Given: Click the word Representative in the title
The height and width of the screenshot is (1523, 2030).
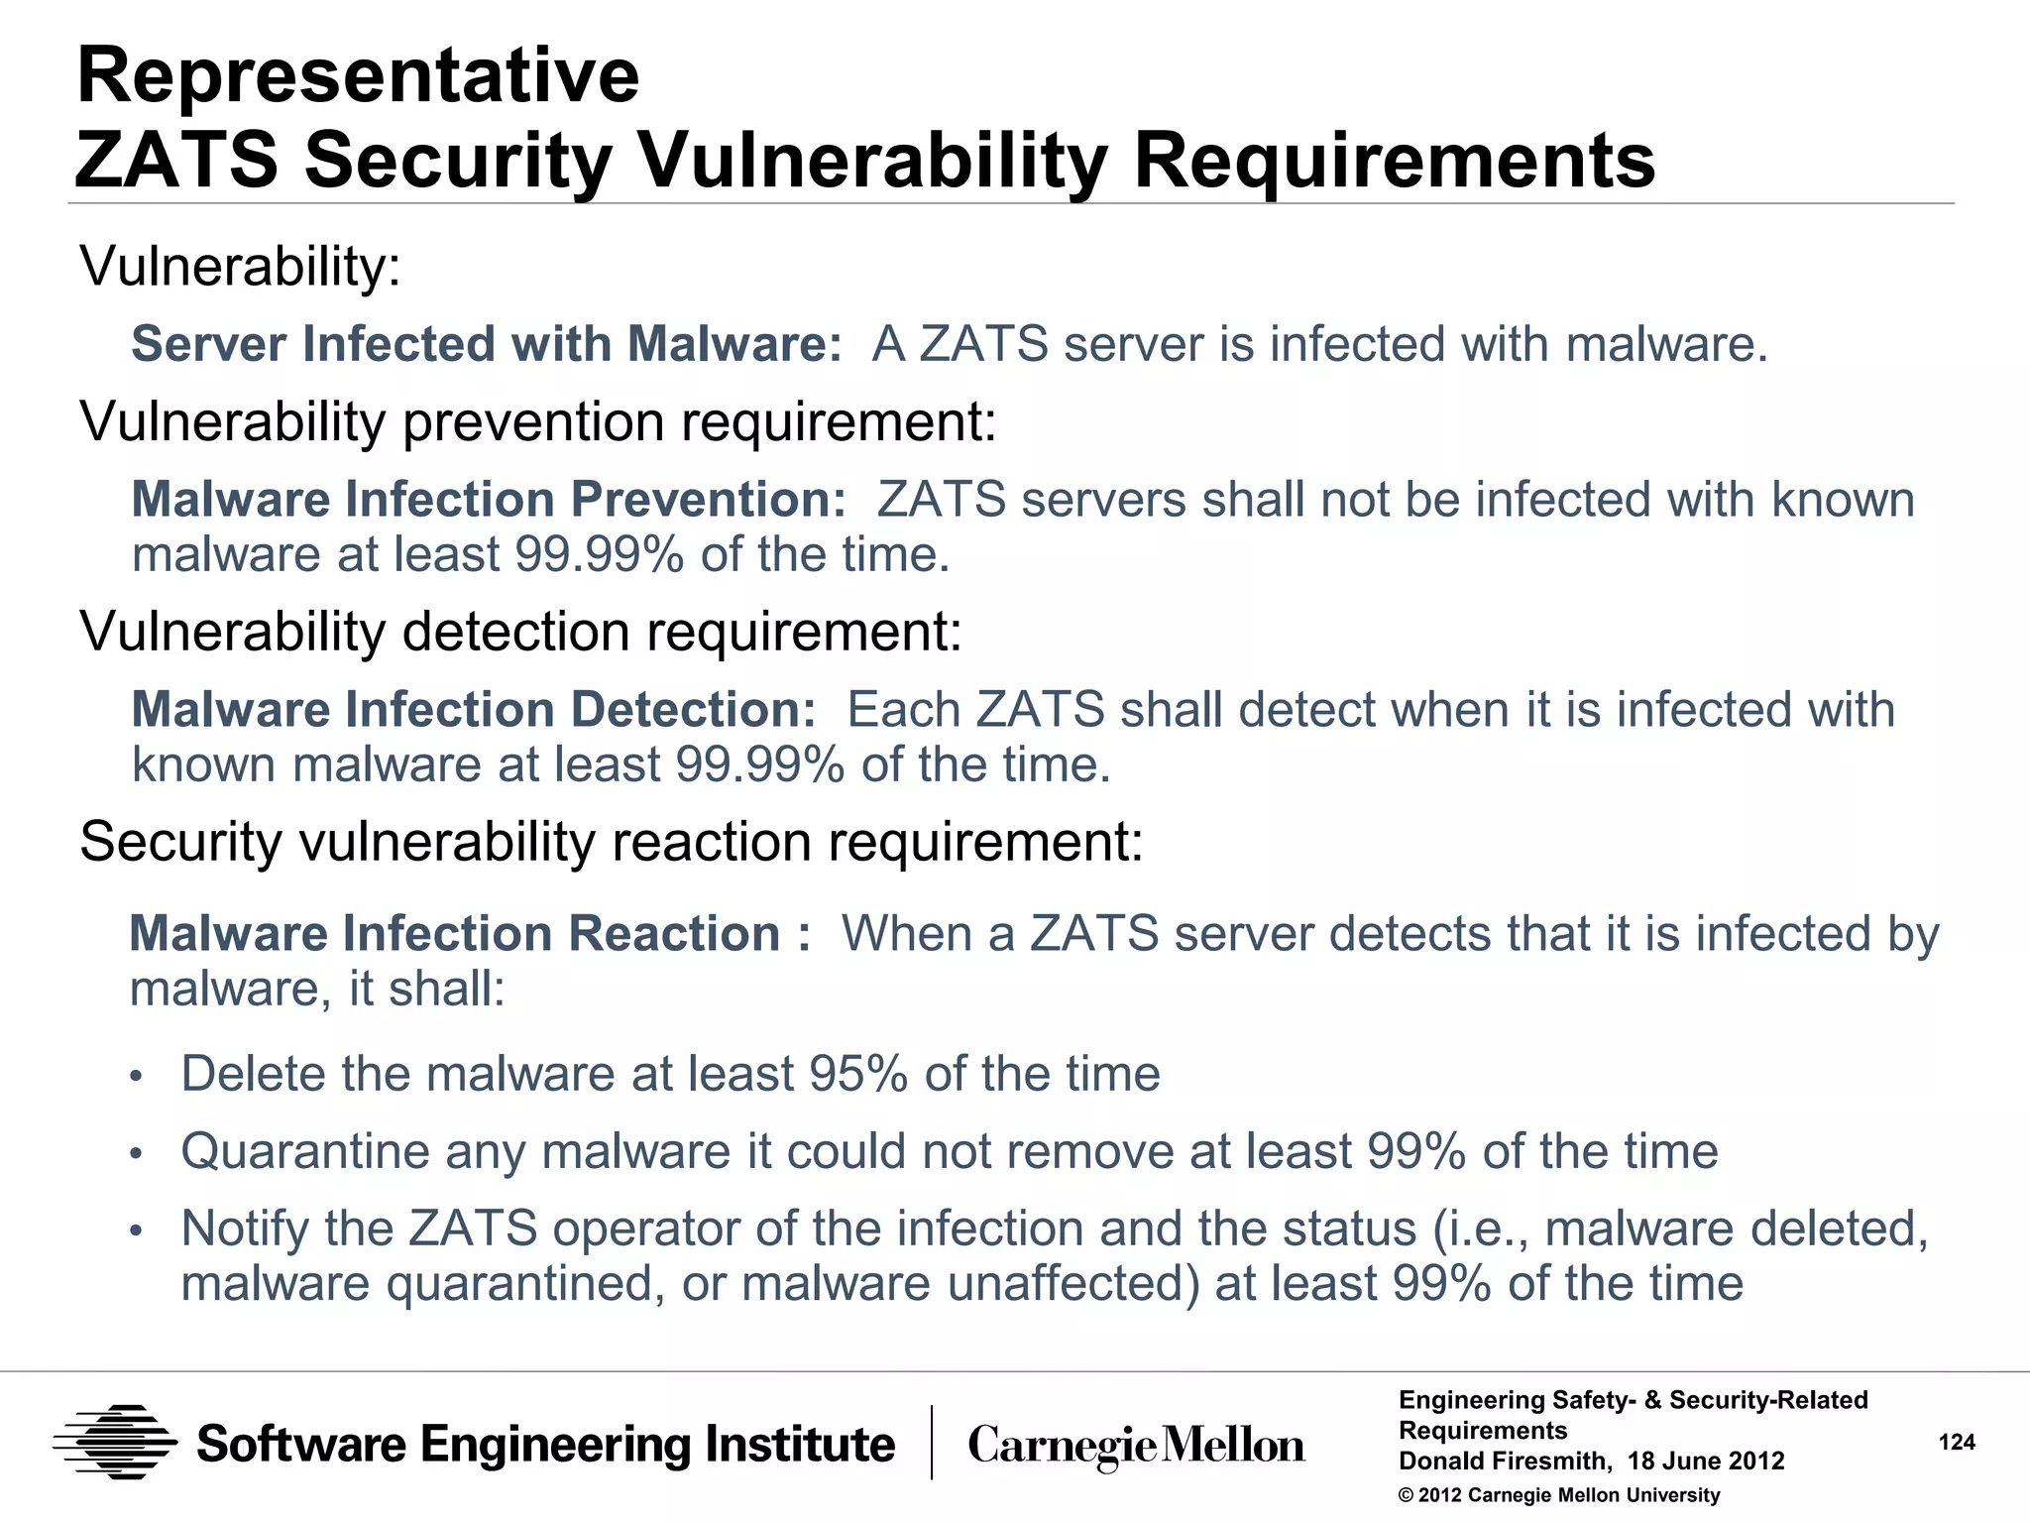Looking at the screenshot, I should [x=358, y=76].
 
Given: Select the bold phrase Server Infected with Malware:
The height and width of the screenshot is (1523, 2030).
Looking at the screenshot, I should [x=487, y=344].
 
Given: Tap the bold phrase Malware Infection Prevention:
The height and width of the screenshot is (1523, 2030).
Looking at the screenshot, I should [x=489, y=499].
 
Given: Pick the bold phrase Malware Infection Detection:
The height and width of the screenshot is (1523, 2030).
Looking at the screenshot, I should [x=474, y=710].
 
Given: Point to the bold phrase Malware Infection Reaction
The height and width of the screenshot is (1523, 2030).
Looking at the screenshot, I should [x=455, y=934].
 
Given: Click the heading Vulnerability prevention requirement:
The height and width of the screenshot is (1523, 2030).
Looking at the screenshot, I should [x=538, y=421].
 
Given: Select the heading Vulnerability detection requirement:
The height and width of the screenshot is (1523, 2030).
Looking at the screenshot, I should [x=521, y=632].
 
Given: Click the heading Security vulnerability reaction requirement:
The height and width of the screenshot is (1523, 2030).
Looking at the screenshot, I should [x=612, y=842].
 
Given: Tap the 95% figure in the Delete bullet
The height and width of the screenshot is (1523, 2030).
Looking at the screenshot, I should [x=857, y=1074].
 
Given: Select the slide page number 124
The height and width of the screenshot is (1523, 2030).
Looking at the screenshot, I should [x=1956, y=1443].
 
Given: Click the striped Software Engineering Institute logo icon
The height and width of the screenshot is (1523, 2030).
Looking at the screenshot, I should [x=115, y=1443].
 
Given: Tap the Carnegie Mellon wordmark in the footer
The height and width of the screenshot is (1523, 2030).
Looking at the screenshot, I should [x=1136, y=1446].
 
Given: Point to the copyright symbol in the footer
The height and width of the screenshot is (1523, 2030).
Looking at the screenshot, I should [x=1406, y=1495].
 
